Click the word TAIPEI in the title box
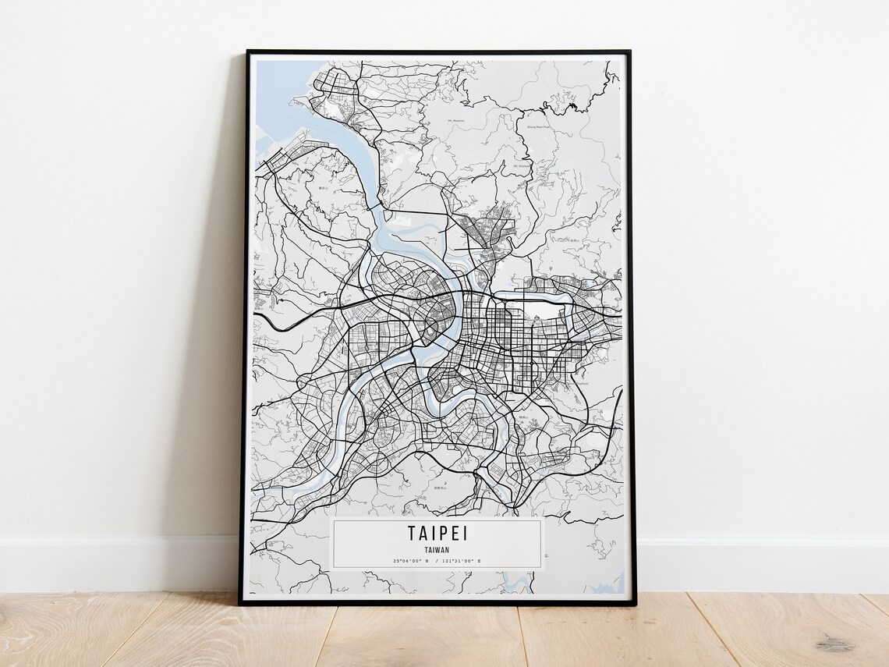(x=437, y=533)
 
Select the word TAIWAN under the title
(x=437, y=549)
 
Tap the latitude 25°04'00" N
(x=411, y=560)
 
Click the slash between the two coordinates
(x=437, y=560)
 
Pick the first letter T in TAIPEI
(x=411, y=533)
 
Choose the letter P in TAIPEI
(x=442, y=533)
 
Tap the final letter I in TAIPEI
(x=464, y=533)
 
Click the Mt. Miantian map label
(x=457, y=121)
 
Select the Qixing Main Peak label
(x=539, y=125)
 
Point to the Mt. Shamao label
(x=522, y=165)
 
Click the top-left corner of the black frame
(x=248, y=52)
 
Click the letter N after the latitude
(x=427, y=560)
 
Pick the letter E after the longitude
(x=479, y=560)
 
